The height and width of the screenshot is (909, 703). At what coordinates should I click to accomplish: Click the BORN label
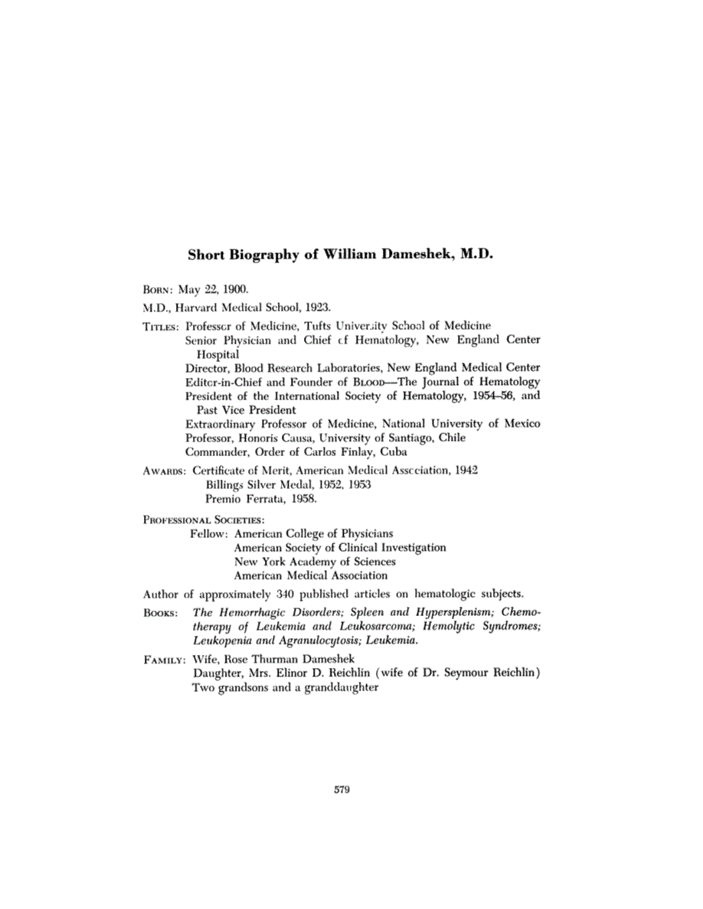159,291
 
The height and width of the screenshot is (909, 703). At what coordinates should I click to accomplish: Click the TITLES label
161,326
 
